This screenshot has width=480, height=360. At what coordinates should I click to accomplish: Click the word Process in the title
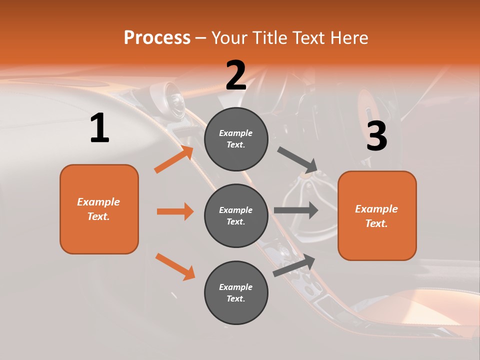click(x=157, y=38)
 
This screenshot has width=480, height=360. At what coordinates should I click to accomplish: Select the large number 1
click(x=99, y=128)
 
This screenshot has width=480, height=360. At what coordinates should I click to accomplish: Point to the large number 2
click(x=236, y=75)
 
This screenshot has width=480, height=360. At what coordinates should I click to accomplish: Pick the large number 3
click(x=376, y=136)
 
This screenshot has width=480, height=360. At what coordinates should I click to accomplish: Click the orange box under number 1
click(x=99, y=209)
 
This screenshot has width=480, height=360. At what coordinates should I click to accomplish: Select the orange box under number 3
click(x=377, y=215)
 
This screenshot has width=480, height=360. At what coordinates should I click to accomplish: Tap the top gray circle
click(x=236, y=139)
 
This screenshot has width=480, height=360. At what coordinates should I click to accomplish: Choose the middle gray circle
click(x=236, y=215)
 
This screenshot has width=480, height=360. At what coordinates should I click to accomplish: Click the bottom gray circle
click(x=236, y=292)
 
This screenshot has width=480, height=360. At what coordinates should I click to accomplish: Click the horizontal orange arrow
click(x=175, y=211)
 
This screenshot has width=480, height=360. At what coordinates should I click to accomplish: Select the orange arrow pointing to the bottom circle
click(x=175, y=266)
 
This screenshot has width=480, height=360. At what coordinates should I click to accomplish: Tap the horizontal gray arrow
click(x=296, y=210)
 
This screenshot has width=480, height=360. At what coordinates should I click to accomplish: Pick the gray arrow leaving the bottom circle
click(x=294, y=265)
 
